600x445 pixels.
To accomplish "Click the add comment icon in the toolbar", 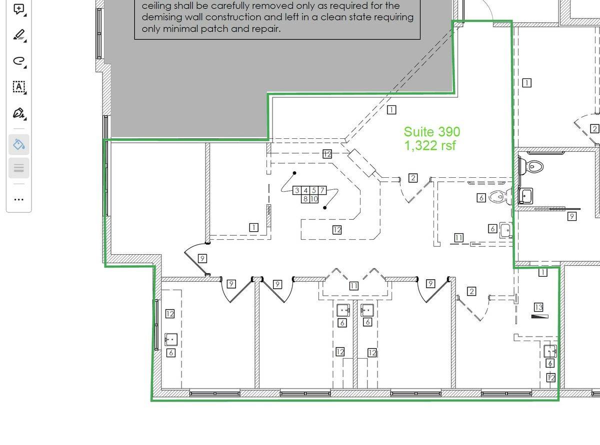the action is tap(18, 9).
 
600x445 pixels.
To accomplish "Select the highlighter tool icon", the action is tap(19, 35).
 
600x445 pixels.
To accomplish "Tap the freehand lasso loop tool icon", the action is tap(19, 61).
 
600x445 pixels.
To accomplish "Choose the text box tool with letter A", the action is tap(19, 87).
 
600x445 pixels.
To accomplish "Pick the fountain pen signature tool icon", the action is tap(18, 113).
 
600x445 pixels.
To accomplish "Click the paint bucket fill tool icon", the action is tap(19, 144).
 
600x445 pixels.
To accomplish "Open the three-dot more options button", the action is tap(19, 200).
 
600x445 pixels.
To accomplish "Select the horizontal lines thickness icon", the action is tap(19, 168).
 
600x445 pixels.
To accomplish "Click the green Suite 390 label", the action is tap(431, 132).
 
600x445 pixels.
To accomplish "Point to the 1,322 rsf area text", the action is tap(430, 145).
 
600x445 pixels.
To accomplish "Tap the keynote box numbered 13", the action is tap(538, 307).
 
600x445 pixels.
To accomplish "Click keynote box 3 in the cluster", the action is tap(297, 190).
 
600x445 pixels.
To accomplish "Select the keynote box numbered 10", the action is tap(314, 199).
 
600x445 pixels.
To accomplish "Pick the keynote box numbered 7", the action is tap(322, 190).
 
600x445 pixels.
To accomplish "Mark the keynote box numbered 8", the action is tap(305, 199).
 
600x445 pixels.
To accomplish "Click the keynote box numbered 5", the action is tap(314, 190).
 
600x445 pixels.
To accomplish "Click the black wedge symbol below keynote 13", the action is tap(539, 316).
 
